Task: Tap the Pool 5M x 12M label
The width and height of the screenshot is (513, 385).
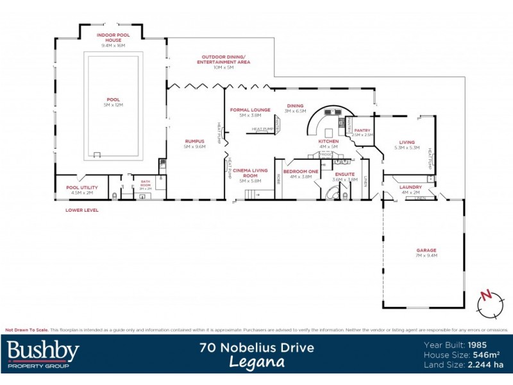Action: click(114, 102)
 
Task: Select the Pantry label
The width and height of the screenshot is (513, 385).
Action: click(362, 132)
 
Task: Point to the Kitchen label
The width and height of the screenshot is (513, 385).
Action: click(328, 143)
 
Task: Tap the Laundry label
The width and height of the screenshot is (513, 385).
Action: click(410, 189)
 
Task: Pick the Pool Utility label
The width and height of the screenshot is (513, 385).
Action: click(80, 190)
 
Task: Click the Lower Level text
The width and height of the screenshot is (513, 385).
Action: click(81, 210)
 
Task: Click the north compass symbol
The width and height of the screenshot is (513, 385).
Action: click(486, 302)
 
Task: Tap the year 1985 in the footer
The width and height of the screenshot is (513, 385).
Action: click(480, 344)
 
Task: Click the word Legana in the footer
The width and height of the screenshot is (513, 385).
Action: click(256, 362)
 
